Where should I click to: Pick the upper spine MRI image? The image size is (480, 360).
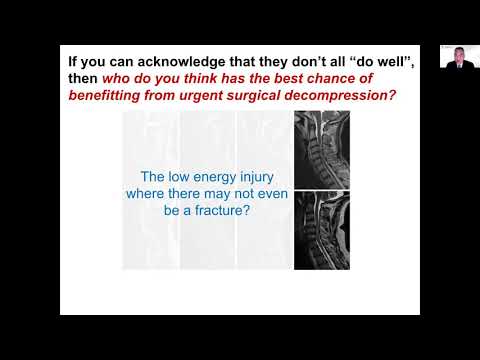click(x=321, y=150)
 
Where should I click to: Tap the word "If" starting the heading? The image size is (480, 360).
click(x=72, y=58)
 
